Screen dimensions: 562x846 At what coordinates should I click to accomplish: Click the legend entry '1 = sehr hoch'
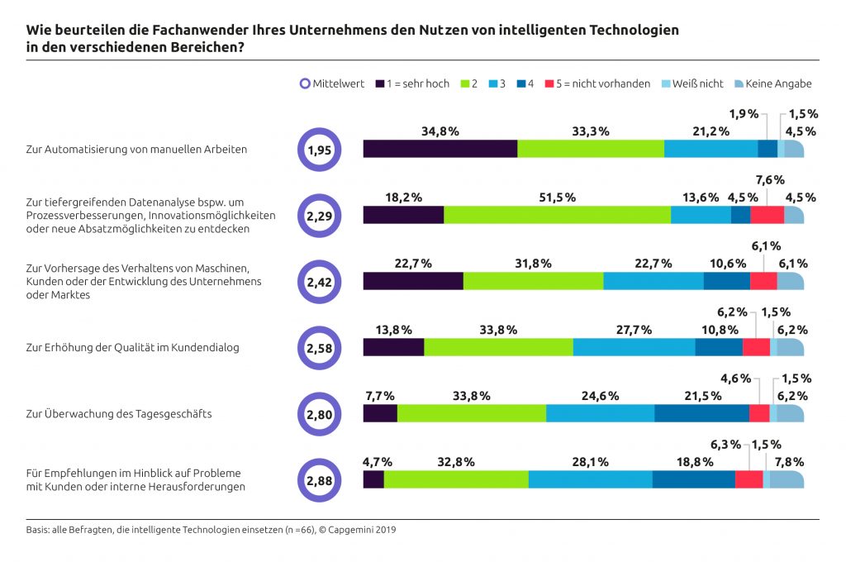(x=412, y=83)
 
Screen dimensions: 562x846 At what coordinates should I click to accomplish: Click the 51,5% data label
(x=558, y=197)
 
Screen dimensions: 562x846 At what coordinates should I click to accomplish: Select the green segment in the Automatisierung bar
(x=591, y=149)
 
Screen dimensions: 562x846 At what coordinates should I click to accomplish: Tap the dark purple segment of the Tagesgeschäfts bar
(x=380, y=413)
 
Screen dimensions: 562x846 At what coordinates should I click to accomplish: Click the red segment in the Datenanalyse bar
(x=767, y=215)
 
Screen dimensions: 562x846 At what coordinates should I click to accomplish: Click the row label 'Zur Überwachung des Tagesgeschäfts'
(x=119, y=413)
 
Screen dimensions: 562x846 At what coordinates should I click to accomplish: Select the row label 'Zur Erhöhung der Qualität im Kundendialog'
(x=132, y=347)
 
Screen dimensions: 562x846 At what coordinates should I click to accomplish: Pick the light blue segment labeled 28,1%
(x=590, y=479)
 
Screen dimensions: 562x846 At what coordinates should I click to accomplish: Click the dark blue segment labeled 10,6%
(x=726, y=281)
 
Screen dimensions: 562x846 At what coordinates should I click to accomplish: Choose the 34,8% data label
(x=440, y=131)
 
